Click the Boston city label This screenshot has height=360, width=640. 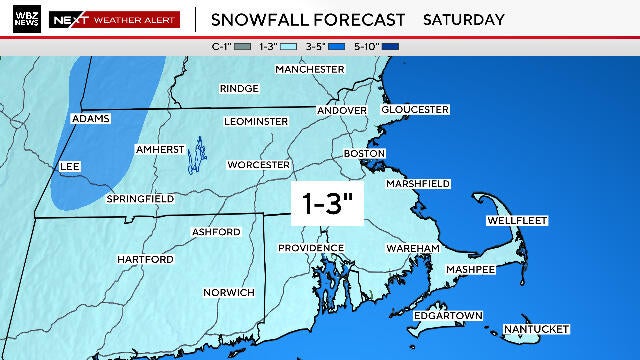pyautogui.click(x=364, y=153)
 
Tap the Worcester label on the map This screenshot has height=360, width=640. pyautogui.click(x=259, y=164)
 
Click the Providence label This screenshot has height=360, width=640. pyautogui.click(x=311, y=247)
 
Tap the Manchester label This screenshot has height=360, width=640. pyautogui.click(x=310, y=69)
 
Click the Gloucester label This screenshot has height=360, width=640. pyautogui.click(x=414, y=109)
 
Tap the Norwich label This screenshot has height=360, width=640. pyautogui.click(x=229, y=292)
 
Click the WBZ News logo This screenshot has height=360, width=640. pyautogui.click(x=22, y=18)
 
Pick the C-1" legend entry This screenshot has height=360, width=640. pyautogui.click(x=225, y=46)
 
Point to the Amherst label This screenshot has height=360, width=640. pyautogui.click(x=160, y=149)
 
